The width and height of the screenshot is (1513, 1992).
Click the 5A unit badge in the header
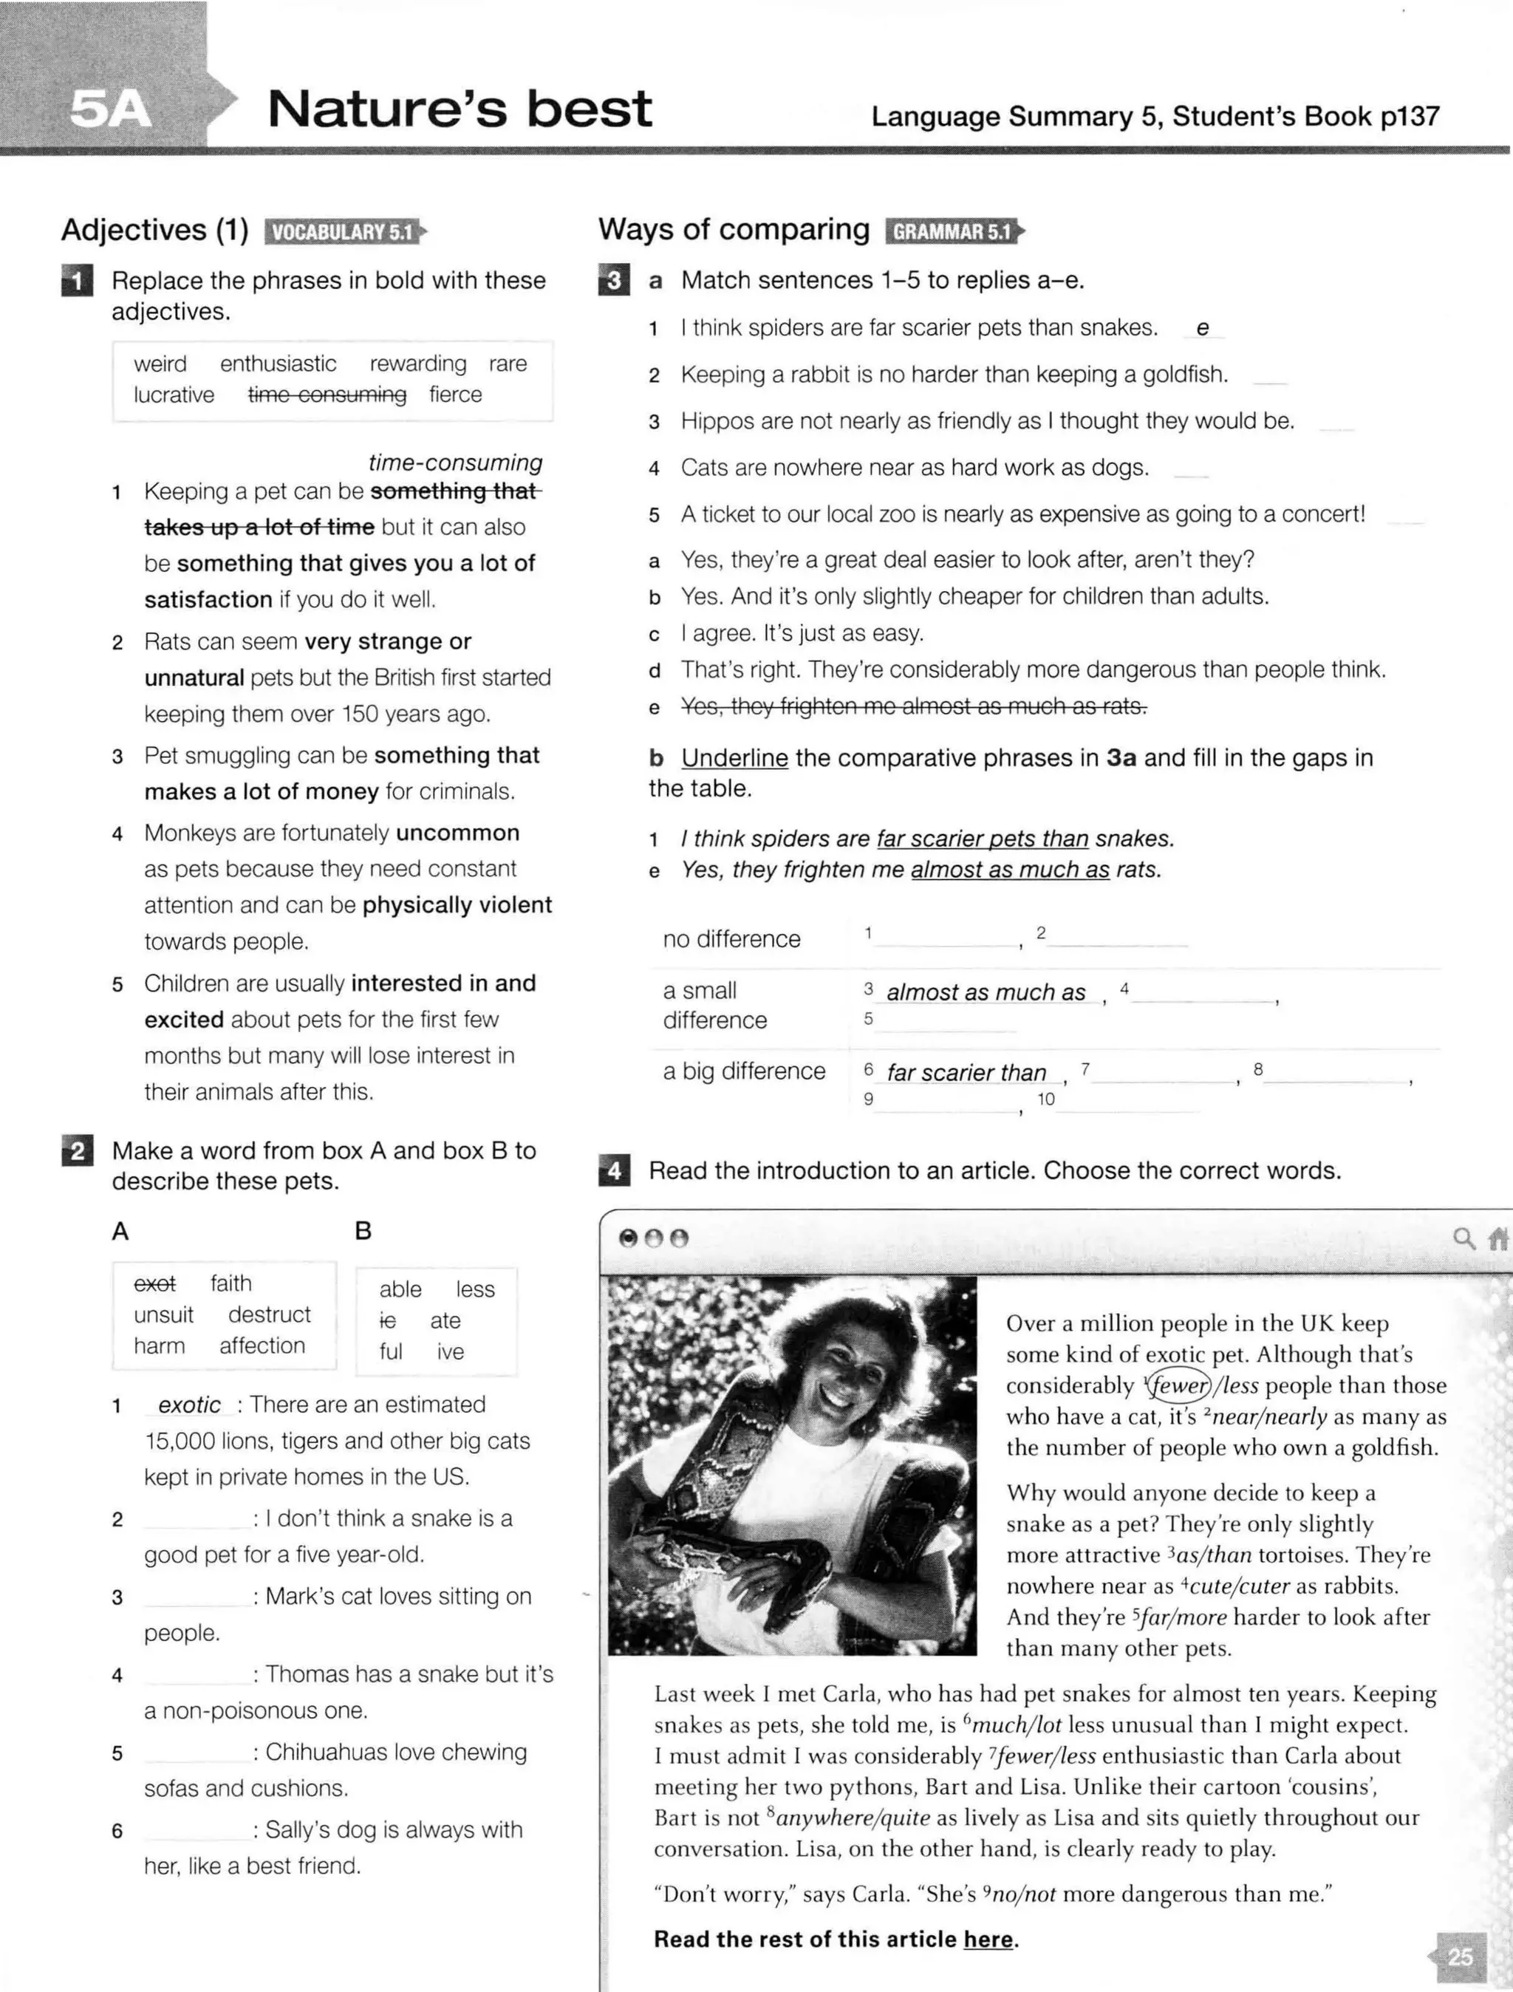[x=110, y=109]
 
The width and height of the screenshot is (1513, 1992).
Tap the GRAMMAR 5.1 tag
[x=952, y=231]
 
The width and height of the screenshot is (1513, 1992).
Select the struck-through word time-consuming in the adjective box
[x=327, y=395]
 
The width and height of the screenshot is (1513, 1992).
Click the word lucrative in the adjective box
[x=174, y=395]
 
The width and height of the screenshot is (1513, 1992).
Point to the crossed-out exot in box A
[x=155, y=1283]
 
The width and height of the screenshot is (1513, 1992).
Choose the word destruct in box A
[x=269, y=1314]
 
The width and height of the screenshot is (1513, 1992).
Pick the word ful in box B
[x=391, y=1351]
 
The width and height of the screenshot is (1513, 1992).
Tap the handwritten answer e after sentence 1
[x=1202, y=329]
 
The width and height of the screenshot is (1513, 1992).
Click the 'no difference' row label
[x=731, y=939]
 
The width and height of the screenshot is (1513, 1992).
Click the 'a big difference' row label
[x=744, y=1071]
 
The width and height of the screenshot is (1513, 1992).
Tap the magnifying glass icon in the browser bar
[x=1464, y=1238]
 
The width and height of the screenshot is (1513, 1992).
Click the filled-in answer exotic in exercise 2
[x=189, y=1405]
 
